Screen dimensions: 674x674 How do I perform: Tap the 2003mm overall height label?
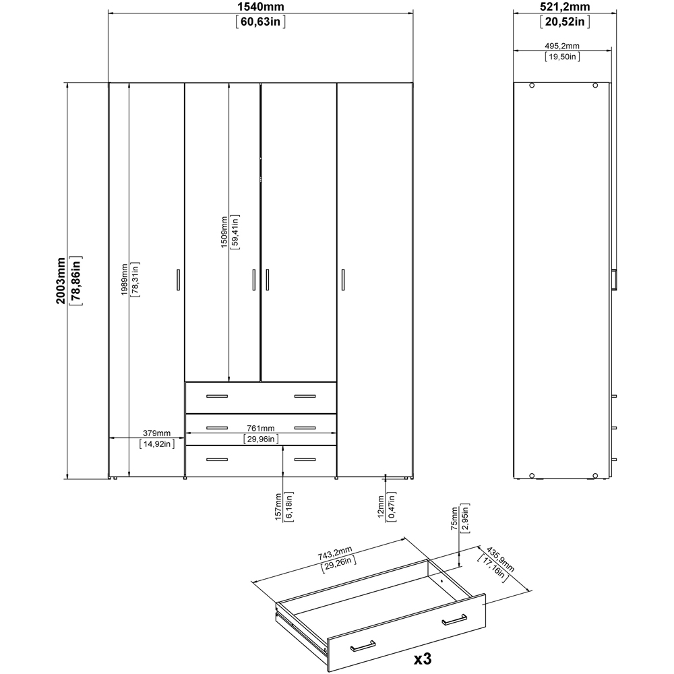click(60, 280)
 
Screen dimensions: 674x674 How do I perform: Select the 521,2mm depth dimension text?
click(565, 7)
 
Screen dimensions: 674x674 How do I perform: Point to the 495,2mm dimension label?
click(561, 45)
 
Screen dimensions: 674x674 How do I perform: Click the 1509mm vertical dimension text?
click(224, 232)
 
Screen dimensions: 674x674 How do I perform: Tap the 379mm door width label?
click(156, 433)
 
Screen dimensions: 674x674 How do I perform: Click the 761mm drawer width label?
click(259, 428)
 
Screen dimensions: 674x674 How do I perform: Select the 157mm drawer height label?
click(278, 507)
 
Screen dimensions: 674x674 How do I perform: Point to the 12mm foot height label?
click(381, 507)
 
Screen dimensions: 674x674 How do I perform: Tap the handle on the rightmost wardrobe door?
click(343, 280)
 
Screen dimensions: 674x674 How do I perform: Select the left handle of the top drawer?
click(218, 396)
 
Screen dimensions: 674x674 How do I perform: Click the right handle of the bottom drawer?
click(305, 460)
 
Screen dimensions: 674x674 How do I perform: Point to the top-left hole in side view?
click(532, 86)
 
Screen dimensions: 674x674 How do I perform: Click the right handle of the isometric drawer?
click(455, 621)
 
